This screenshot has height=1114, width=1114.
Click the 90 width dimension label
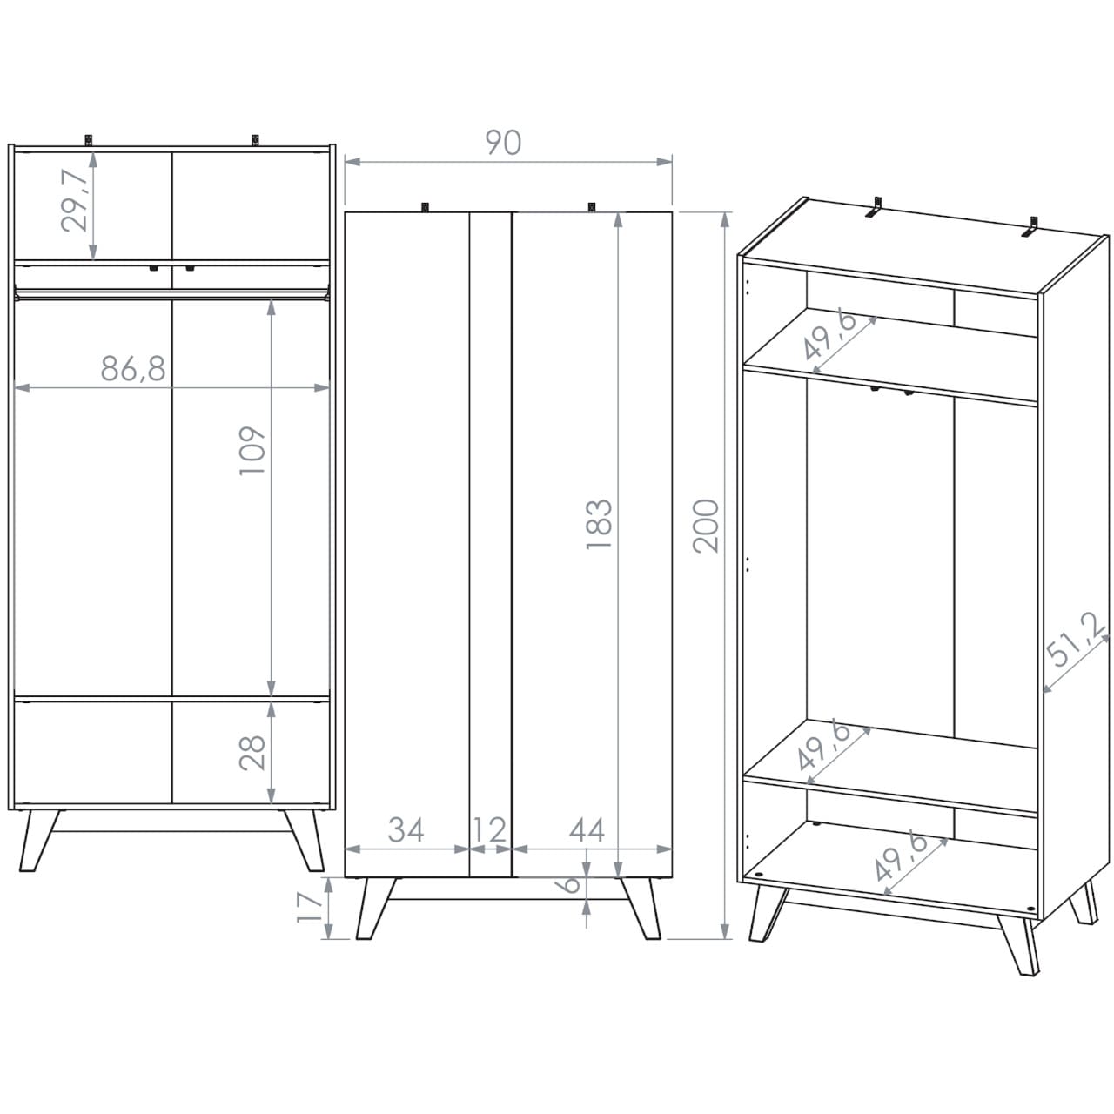[503, 143]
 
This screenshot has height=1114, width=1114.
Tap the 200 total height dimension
[706, 526]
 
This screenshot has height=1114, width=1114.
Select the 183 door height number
[599, 524]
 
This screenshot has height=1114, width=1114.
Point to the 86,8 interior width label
[133, 368]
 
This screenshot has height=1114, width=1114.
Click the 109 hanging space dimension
[252, 451]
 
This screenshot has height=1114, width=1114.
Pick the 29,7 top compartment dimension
[75, 201]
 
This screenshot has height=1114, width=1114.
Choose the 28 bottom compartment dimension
[252, 753]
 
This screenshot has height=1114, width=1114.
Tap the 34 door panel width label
[406, 829]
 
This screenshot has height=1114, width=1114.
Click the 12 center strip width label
[490, 830]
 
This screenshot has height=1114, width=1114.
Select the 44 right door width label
[587, 829]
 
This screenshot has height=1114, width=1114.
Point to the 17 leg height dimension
[309, 907]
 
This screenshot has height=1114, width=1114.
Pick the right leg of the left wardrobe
[304, 840]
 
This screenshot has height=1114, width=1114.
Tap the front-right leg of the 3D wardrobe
[1018, 943]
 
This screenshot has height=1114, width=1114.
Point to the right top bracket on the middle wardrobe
[591, 207]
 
